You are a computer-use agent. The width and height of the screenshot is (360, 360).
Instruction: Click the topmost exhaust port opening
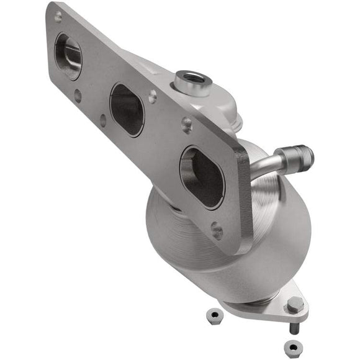click(68, 56)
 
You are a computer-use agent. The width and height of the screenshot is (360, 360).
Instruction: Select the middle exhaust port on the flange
click(127, 109)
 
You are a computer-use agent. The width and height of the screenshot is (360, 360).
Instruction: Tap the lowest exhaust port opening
click(201, 177)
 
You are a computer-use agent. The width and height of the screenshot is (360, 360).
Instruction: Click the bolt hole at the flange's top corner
click(58, 17)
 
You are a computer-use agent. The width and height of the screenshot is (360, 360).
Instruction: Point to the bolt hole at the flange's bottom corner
click(217, 232)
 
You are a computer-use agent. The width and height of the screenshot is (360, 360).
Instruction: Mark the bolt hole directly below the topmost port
click(78, 95)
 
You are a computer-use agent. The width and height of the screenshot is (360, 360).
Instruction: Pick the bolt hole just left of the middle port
click(103, 120)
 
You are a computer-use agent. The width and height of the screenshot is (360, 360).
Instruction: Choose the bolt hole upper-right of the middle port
click(153, 96)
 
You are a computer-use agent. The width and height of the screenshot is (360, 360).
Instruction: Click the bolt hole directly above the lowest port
click(186, 125)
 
